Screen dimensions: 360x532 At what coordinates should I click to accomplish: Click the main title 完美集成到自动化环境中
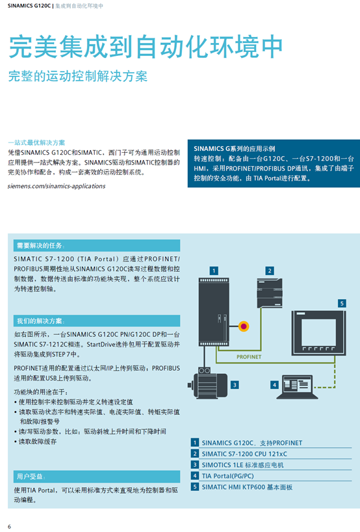click(146, 46)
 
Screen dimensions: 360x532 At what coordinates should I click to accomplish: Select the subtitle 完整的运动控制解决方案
click(78, 76)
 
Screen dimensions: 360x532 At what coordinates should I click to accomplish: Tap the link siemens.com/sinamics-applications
click(57, 186)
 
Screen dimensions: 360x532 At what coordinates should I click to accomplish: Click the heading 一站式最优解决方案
click(36, 142)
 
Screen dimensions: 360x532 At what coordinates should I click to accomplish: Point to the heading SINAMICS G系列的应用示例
click(234, 148)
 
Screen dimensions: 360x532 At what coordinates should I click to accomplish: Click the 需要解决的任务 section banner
click(97, 245)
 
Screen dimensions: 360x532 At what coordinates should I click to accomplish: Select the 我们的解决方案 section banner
click(97, 321)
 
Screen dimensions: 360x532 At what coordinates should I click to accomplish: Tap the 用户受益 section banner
click(97, 476)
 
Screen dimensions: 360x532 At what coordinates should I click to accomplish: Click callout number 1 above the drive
click(214, 271)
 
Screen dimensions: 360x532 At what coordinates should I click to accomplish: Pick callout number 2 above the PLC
click(270, 271)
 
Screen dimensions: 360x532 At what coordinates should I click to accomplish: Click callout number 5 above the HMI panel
click(342, 303)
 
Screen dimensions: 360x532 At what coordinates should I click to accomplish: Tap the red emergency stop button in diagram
click(244, 326)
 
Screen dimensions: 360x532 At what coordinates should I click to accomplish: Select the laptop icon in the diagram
click(297, 387)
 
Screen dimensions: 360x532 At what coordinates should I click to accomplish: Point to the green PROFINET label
click(249, 357)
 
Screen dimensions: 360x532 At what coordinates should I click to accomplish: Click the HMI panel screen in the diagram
click(318, 333)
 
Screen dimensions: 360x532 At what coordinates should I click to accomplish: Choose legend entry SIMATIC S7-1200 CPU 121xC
click(244, 454)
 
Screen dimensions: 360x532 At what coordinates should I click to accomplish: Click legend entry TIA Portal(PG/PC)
click(228, 476)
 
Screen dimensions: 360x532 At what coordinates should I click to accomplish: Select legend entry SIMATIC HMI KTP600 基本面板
click(247, 487)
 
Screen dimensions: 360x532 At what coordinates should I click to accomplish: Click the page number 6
click(9, 527)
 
